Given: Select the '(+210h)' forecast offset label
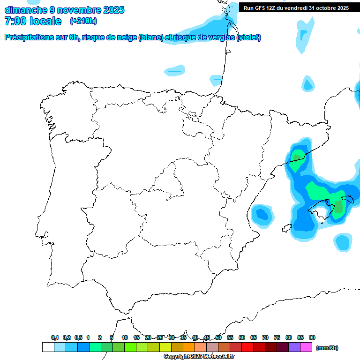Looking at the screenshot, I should (x=83, y=21).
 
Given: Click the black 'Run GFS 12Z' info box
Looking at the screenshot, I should (x=296, y=8).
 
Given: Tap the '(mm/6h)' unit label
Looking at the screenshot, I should (x=327, y=348).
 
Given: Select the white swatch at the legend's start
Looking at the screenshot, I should (x=48, y=347).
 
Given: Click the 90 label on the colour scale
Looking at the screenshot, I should (x=312, y=337).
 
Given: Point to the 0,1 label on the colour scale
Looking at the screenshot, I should (x=55, y=337).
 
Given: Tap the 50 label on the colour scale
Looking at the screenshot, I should (x=218, y=337).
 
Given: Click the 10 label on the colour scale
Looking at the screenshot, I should (x=125, y=337).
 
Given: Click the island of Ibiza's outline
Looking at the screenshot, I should (x=287, y=228).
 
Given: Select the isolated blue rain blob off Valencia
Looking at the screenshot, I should (x=262, y=214).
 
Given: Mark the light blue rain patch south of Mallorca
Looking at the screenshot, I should (x=343, y=242).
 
